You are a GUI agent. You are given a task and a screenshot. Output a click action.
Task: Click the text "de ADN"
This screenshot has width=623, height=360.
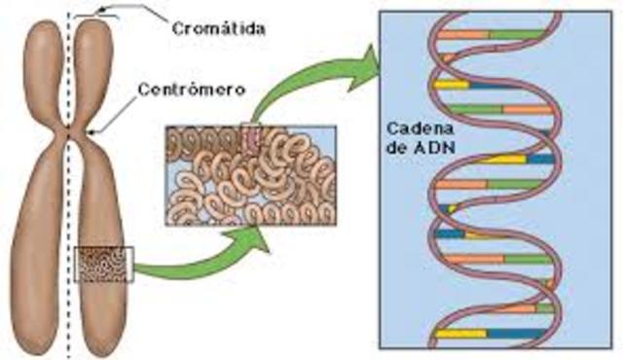point(420,154)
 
